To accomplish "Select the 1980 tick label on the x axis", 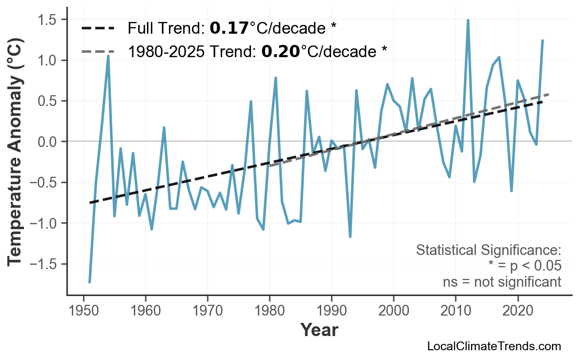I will (269, 311).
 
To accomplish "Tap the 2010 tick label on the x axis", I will (455, 311).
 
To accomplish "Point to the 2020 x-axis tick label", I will (517, 311).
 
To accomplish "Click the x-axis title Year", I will (319, 331).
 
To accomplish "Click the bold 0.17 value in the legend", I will (229, 29).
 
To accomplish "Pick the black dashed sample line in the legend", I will (98, 28).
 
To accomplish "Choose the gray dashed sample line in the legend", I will (98, 51).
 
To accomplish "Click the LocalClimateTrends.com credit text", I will (494, 347).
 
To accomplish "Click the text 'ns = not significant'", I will (501, 282).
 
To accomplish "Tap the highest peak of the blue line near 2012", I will (468, 21).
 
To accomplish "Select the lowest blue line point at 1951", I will (90, 282).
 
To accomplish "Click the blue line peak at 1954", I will (108, 56).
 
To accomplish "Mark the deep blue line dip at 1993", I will (350, 236).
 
